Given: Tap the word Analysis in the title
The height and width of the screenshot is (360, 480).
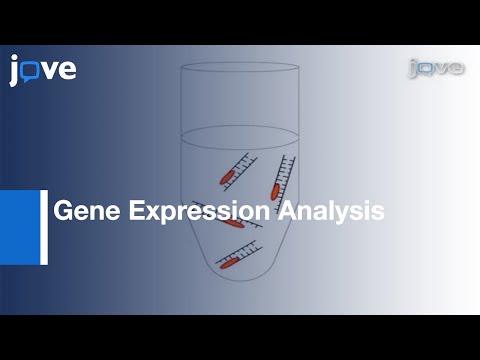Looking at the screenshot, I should (331, 212).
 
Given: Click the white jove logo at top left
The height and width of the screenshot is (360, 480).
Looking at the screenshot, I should (43, 70).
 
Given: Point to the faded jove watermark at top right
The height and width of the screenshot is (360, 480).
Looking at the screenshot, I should (435, 68).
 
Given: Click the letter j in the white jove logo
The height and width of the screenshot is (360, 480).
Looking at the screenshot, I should (15, 71).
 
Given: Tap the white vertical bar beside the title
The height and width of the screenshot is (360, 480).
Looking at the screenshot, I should (44, 227).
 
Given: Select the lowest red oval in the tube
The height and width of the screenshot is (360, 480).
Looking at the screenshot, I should (229, 264).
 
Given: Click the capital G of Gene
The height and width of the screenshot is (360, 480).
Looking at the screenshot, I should (60, 212).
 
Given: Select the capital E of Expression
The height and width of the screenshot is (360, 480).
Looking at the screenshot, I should (128, 212).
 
